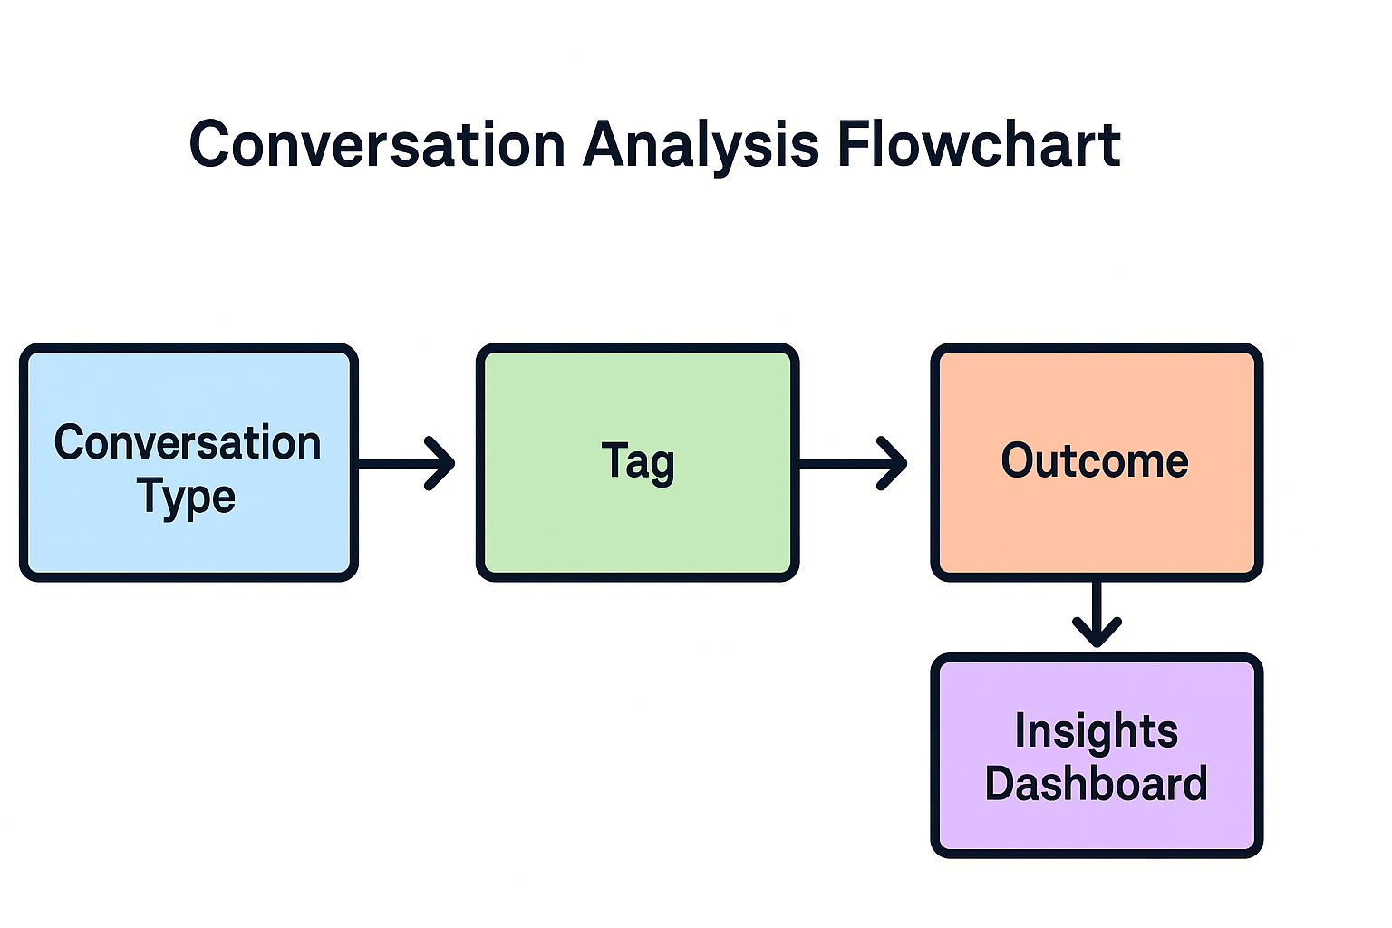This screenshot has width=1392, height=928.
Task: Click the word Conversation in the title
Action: [x=377, y=145]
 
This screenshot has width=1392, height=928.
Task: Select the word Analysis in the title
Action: [x=701, y=145]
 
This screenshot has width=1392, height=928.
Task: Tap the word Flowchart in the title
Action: [x=978, y=145]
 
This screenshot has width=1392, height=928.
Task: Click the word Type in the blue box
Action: [x=187, y=497]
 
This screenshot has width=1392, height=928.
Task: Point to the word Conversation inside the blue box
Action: [x=188, y=443]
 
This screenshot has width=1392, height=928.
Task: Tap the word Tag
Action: [x=638, y=461]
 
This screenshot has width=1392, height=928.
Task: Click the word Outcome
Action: [x=1095, y=460]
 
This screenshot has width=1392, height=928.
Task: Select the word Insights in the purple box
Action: [x=1096, y=730]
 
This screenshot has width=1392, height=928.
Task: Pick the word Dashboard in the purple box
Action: [x=1096, y=784]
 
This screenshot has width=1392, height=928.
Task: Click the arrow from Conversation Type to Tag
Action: [x=399, y=463]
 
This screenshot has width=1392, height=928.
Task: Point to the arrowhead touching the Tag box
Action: [x=441, y=463]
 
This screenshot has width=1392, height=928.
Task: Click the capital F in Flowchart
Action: [x=852, y=145]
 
